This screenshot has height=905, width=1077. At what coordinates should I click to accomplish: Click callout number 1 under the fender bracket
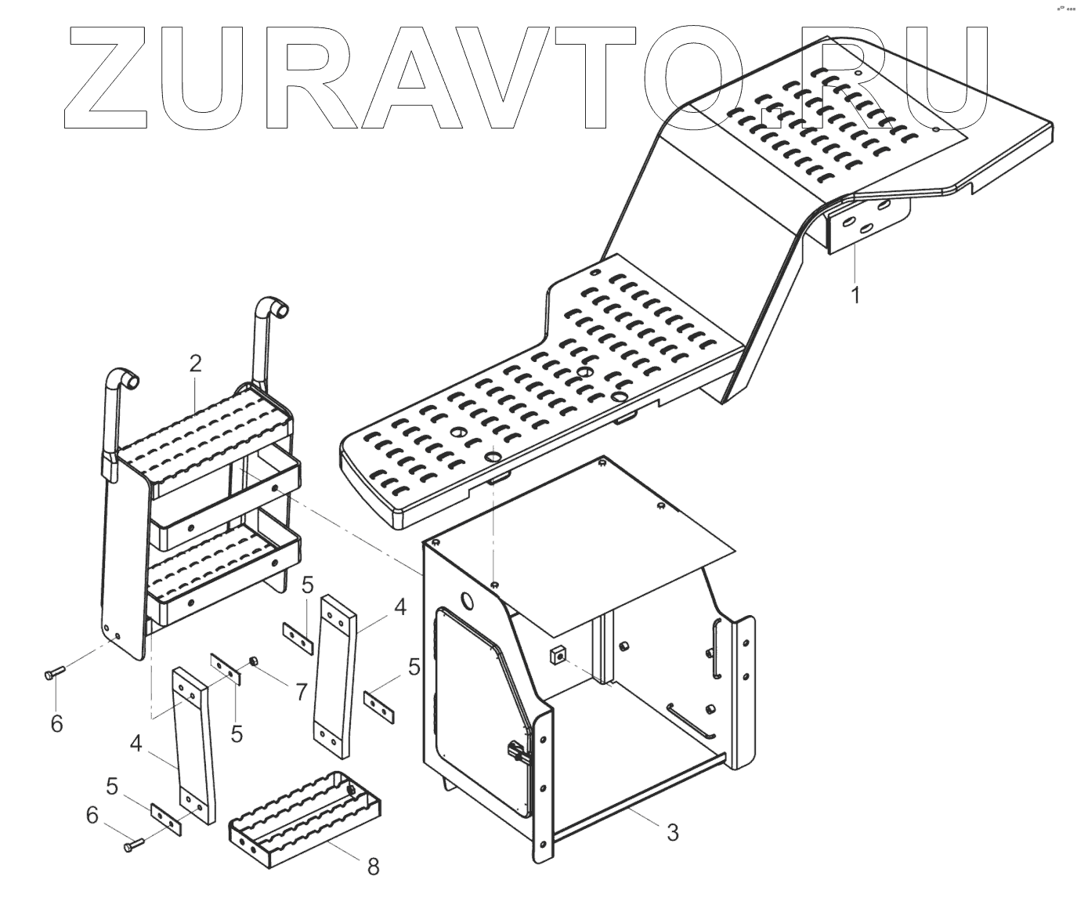[855, 295]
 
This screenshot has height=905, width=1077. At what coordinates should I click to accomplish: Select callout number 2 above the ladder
[195, 363]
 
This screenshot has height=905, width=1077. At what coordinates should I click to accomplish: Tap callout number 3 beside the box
[672, 832]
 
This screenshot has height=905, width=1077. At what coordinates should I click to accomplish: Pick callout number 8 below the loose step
[373, 866]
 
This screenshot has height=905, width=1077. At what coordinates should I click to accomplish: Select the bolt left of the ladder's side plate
[54, 672]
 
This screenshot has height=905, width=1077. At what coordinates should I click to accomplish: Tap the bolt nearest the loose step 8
[132, 845]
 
